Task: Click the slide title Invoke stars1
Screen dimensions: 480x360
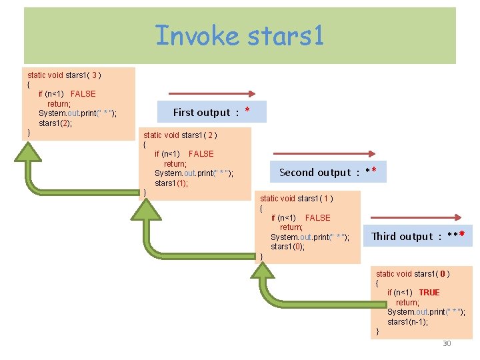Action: pos(239,35)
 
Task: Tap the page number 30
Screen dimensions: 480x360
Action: pos(447,343)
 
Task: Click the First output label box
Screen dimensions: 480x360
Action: pos(211,111)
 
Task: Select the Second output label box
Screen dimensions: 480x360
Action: pos(327,172)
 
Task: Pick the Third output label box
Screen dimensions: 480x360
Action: pos(417,236)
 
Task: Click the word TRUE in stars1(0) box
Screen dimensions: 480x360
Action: pos(429,293)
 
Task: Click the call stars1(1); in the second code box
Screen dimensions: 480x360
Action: pos(171,183)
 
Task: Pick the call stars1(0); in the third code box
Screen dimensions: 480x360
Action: pos(287,247)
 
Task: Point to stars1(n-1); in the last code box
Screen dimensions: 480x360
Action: pos(408,322)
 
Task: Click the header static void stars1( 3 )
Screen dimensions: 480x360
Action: pos(64,75)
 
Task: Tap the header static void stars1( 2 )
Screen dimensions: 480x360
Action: pos(180,135)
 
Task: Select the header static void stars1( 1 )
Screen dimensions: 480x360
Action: pos(297,198)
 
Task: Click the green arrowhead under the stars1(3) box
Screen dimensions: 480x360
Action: pos(29,153)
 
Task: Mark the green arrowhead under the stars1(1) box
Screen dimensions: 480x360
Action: pos(261,273)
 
